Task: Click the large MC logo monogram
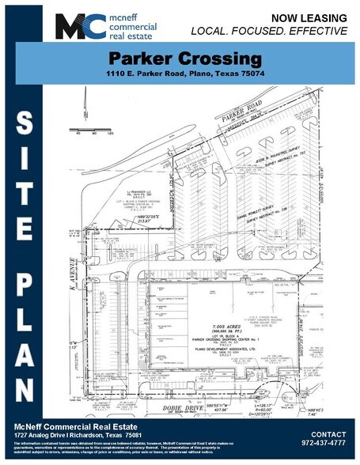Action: coord(77,25)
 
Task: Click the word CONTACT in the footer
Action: coord(328,434)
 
